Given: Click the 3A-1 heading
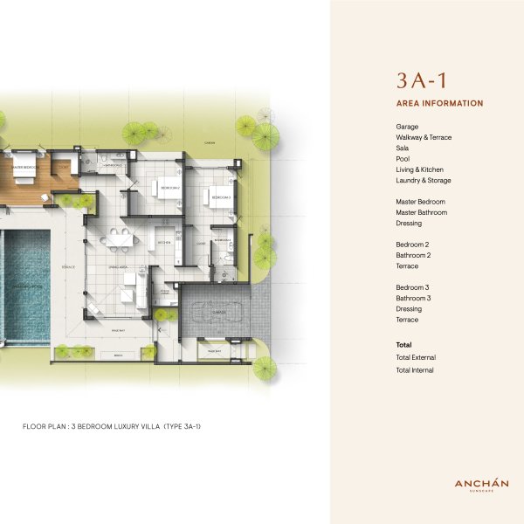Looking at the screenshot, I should pos(422,81).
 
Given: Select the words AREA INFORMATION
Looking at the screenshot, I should pos(439,103).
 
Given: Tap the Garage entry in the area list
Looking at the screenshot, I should pos(407,127).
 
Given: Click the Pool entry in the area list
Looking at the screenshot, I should pos(403,159).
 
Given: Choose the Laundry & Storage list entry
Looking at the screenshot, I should pos(424,180).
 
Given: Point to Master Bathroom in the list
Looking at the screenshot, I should pos(421,212).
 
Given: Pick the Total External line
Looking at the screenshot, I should pos(416,357).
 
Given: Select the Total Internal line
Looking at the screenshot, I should pos(415,370).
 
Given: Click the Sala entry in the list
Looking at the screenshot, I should pos(403,148).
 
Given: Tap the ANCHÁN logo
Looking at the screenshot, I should pos(481,484).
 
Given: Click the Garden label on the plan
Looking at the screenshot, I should pos(210,141).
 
